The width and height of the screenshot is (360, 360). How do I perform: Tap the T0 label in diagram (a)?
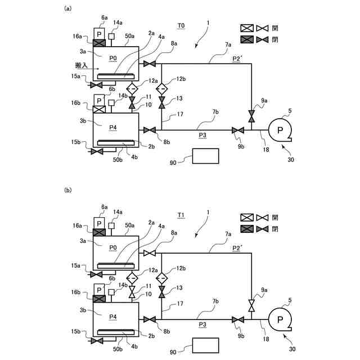click(181, 26)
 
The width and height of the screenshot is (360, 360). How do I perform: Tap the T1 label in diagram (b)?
click(181, 215)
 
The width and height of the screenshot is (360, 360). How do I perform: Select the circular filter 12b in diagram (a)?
click(161, 88)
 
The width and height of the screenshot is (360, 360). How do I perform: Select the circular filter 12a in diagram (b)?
click(132, 278)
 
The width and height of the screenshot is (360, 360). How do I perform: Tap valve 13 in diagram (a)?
click(161, 103)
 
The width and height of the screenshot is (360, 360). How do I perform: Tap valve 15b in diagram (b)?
click(97, 340)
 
